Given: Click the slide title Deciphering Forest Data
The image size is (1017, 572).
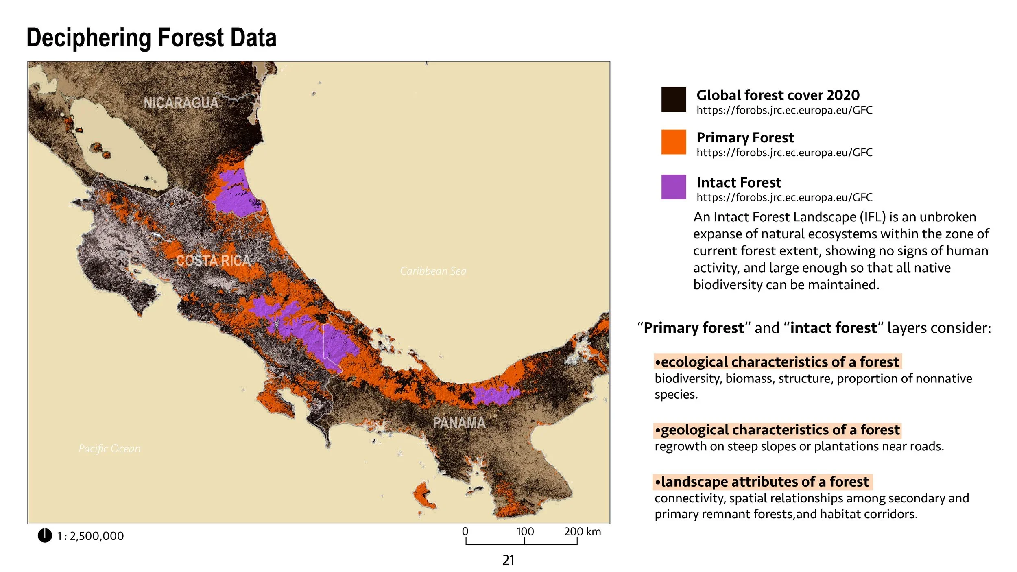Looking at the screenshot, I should [151, 38].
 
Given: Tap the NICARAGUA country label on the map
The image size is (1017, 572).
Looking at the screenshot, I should [181, 103].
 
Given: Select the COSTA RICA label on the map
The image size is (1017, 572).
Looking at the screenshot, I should [213, 260].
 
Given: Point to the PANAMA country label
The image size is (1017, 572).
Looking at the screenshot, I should [459, 423].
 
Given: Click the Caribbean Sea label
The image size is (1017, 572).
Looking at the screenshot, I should [433, 271].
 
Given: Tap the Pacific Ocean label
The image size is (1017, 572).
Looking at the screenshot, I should [109, 448].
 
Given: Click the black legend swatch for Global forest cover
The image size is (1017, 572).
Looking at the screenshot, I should [673, 100].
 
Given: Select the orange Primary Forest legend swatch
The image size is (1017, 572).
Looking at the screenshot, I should [673, 142].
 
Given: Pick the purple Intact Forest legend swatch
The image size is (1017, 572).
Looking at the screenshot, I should [673, 187].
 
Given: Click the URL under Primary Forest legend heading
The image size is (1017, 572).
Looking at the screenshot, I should [784, 153].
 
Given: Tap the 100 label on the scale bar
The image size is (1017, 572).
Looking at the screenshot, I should [525, 532].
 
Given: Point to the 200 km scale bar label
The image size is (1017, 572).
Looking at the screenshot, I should [582, 532].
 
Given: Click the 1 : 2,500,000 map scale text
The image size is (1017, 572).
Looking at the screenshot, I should [90, 536].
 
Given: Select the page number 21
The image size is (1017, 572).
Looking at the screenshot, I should [508, 560].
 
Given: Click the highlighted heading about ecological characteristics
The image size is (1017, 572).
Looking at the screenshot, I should [777, 362].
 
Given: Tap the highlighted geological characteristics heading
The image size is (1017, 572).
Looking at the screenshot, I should [777, 430].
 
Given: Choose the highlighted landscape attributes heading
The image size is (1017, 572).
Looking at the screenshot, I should [762, 482].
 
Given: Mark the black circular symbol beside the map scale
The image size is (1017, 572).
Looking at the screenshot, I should [45, 535].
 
